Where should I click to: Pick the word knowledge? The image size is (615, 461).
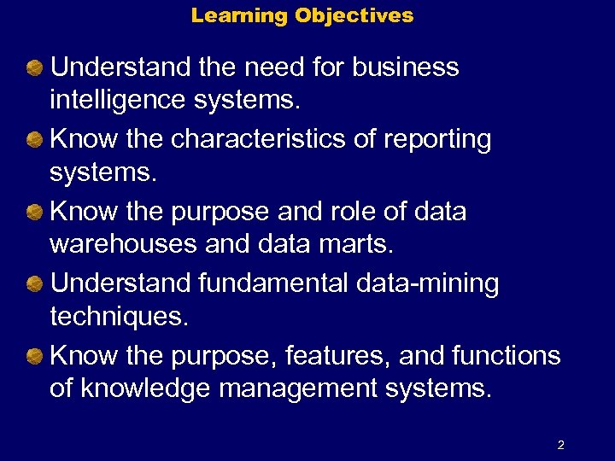146,389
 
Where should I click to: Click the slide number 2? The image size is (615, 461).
560,445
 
